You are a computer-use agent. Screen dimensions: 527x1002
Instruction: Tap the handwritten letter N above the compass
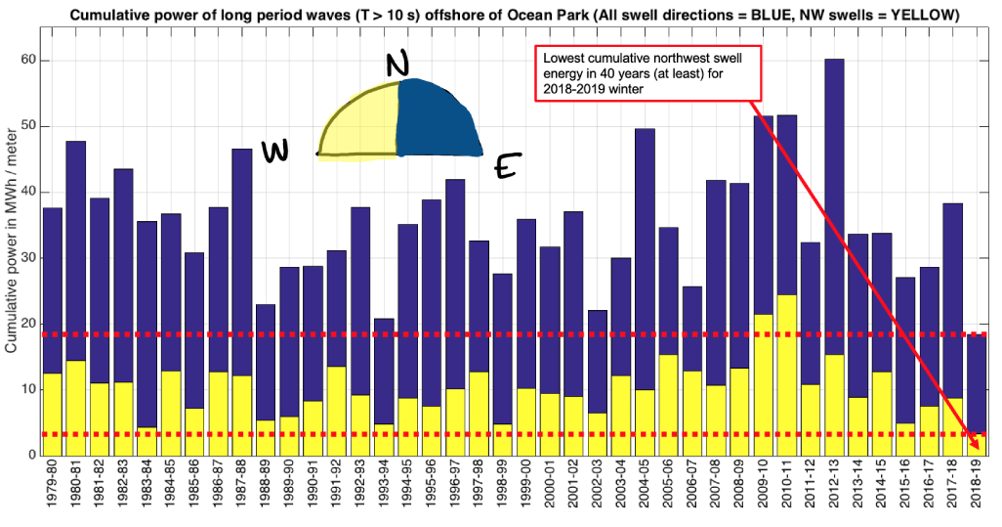[x=397, y=65]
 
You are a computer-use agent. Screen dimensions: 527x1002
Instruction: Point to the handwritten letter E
[x=505, y=169]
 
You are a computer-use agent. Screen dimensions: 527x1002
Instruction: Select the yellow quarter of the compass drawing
[x=361, y=127]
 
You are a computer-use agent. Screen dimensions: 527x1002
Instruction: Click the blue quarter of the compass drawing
[x=437, y=121]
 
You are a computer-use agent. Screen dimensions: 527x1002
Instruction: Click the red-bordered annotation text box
[x=646, y=73]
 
